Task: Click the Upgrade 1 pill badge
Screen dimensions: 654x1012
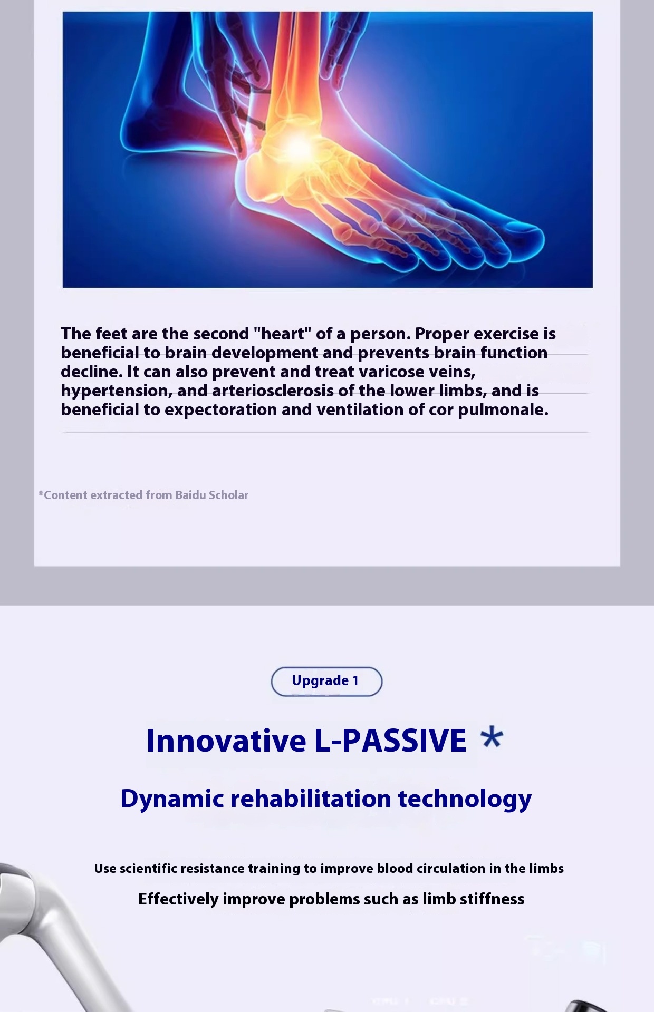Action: point(326,681)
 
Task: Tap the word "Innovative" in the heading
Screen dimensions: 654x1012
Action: point(226,741)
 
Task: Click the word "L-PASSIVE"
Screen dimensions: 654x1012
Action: point(390,741)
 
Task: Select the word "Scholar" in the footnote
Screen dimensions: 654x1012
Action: point(228,495)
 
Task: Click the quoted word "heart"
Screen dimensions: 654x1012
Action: point(282,333)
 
